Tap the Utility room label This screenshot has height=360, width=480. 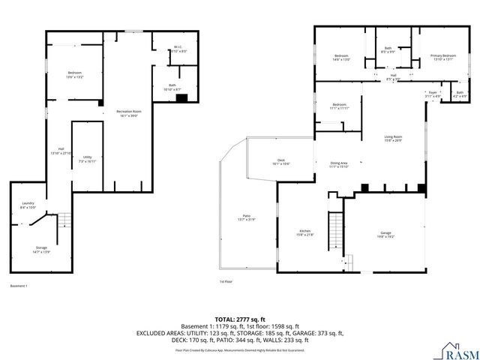pos(87,158)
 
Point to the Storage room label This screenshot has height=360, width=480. pos(41,249)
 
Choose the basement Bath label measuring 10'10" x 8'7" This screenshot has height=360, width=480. pos(172,87)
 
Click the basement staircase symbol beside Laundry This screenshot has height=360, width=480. pos(65,220)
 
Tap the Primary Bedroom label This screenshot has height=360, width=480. pos(442,58)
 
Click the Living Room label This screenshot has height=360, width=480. pos(393,138)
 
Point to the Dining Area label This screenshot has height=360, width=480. pos(339,164)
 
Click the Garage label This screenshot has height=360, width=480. pos(385,234)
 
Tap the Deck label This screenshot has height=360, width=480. pos(281,161)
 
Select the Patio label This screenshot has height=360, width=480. pos(246,217)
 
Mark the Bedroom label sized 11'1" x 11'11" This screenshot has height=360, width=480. pos(340,106)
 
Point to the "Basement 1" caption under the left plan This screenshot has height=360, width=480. pos(19,286)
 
